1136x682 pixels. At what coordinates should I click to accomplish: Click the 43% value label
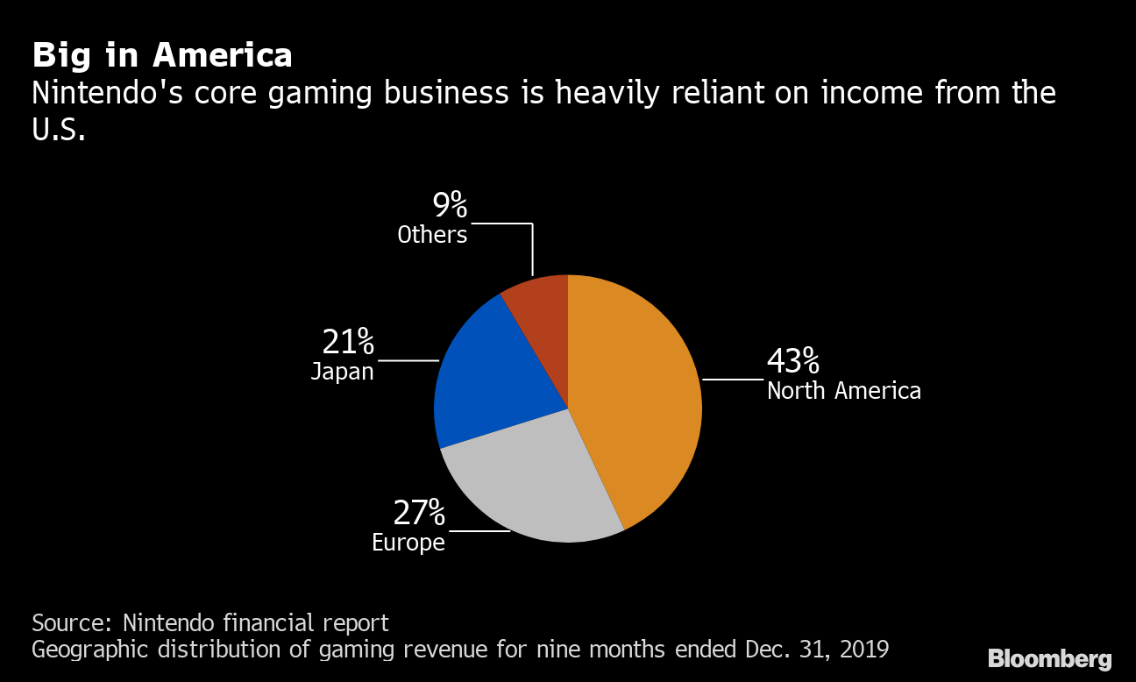coord(793,360)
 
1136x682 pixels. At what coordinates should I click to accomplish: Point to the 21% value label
coord(348,340)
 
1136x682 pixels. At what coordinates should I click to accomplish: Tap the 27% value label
coord(419,512)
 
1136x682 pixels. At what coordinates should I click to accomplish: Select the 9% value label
coord(450,205)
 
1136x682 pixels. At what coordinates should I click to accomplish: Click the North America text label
coord(843,391)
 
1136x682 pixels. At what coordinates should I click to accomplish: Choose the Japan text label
coord(342,372)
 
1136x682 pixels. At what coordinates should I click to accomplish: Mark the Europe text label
coord(408,543)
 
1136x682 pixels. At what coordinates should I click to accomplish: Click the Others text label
coord(432,235)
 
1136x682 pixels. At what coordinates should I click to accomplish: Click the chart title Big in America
coord(162,55)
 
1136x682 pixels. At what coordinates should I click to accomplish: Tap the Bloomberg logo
coord(1049,659)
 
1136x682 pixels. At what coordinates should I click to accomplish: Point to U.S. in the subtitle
coord(59,131)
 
